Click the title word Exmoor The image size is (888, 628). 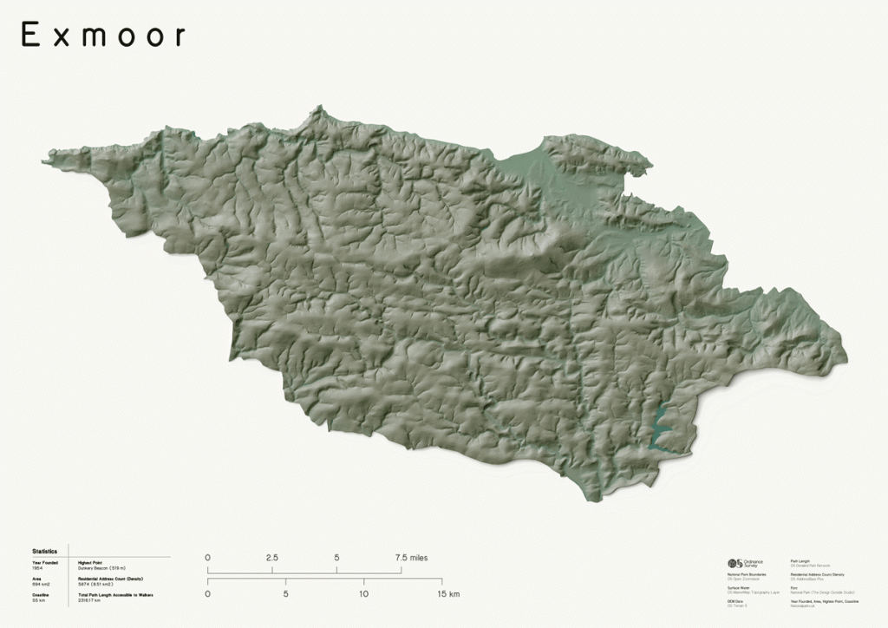coord(103,35)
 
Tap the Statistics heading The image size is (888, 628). coord(44,551)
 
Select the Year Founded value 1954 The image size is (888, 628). coord(37,567)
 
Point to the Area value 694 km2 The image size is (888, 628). coord(41,584)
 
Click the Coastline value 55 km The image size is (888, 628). coord(38,600)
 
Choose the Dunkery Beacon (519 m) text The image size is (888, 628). coord(101,567)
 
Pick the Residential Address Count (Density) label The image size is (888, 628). coord(110,578)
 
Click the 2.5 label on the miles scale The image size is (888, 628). coord(271,558)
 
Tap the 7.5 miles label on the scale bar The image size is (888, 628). coord(411,558)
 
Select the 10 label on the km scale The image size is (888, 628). coord(363,594)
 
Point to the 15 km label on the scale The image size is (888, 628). coord(447,594)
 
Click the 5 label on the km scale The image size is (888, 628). coord(285,594)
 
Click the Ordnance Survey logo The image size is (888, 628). coord(745,564)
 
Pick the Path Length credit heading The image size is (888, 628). coord(800,561)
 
